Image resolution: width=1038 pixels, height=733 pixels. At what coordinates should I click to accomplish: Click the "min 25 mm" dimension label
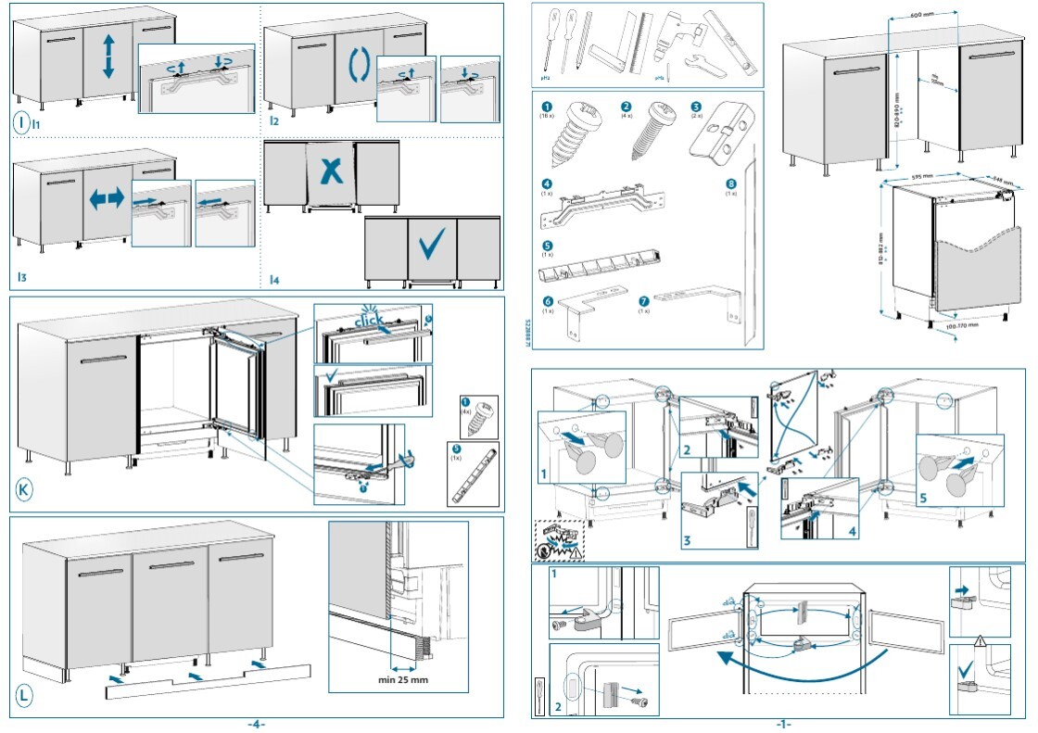tap(403, 680)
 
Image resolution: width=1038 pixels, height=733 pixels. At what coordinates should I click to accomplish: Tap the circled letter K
tap(25, 489)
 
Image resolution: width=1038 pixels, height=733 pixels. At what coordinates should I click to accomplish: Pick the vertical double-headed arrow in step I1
tap(108, 57)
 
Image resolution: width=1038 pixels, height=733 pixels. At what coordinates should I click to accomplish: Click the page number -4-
tap(256, 724)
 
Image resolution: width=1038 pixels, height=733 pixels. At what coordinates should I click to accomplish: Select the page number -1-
tap(783, 724)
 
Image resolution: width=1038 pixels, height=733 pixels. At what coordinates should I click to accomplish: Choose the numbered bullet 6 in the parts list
tap(547, 301)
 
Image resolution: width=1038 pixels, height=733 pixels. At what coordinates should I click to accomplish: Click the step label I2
tap(274, 120)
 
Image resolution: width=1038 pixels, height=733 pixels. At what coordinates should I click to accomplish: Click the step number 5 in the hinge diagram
tap(922, 497)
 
